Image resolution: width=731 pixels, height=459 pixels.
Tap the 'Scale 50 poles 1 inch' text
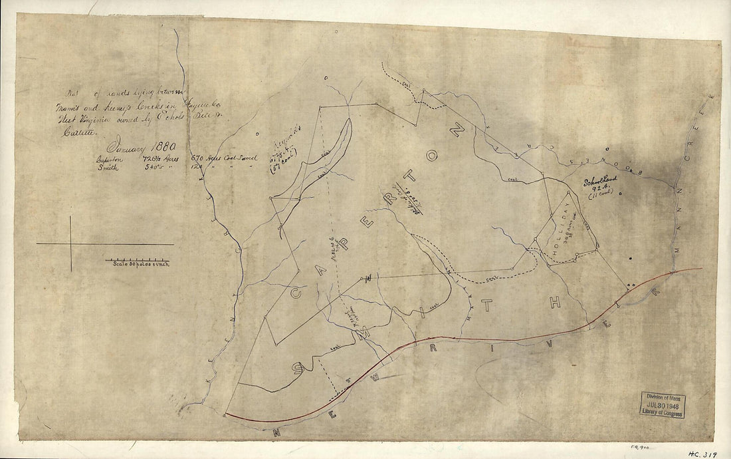click(140, 263)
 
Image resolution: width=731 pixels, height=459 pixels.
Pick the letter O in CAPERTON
click(432, 157)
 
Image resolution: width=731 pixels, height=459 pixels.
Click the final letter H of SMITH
click(555, 303)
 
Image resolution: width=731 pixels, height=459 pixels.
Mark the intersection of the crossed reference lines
click(70, 244)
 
